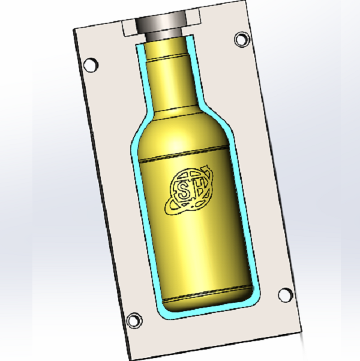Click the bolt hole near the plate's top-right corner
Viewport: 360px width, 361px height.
point(241,40)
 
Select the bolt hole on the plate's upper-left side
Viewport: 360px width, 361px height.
point(91,64)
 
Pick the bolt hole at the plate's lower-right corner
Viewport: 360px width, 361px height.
point(285,295)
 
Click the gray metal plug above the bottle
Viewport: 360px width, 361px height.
point(160,27)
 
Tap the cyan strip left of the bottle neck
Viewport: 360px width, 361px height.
point(142,78)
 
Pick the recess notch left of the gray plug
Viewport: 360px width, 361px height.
point(130,26)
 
